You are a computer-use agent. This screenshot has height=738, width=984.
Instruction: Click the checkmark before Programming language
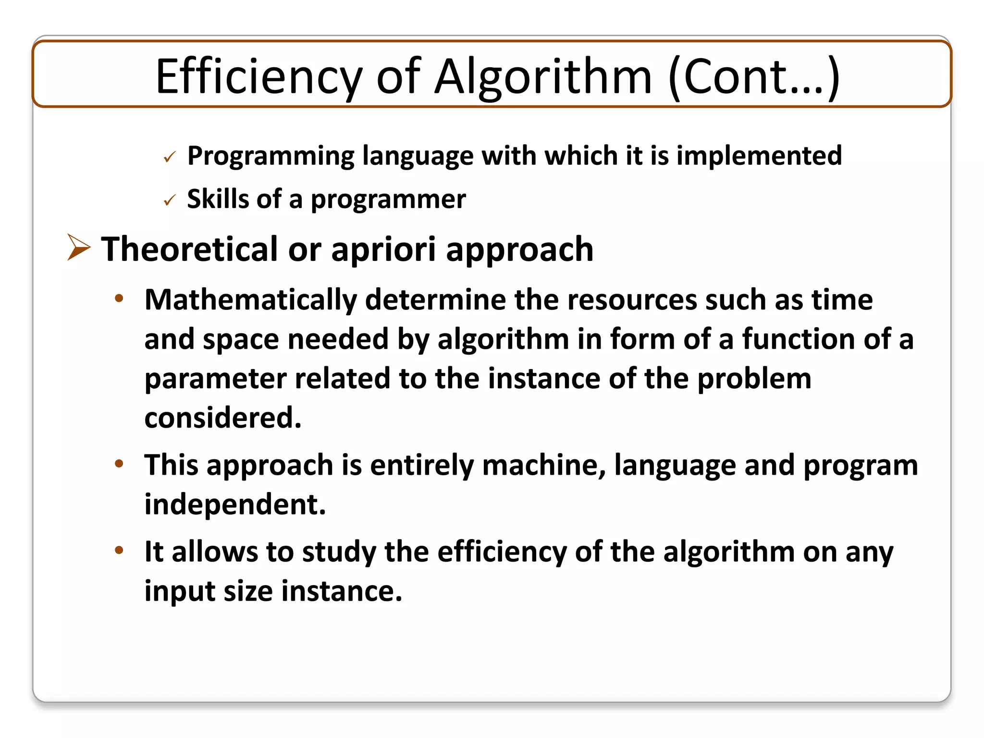pos(170,157)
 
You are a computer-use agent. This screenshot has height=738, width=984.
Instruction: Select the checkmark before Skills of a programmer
pos(170,200)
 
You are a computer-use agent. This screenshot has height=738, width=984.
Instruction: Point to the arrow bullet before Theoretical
pos(78,247)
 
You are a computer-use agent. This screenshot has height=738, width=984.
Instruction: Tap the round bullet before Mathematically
pos(119,298)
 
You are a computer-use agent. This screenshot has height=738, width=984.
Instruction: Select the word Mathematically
pos(250,300)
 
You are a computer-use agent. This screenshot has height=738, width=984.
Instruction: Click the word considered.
pos(223,417)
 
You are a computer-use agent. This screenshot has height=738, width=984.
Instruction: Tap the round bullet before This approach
pos(119,464)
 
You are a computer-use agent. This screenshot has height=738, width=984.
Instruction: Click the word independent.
pos(235,504)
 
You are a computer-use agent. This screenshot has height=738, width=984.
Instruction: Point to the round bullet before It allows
pos(119,550)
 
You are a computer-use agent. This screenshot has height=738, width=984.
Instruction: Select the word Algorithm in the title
pos(543,77)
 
